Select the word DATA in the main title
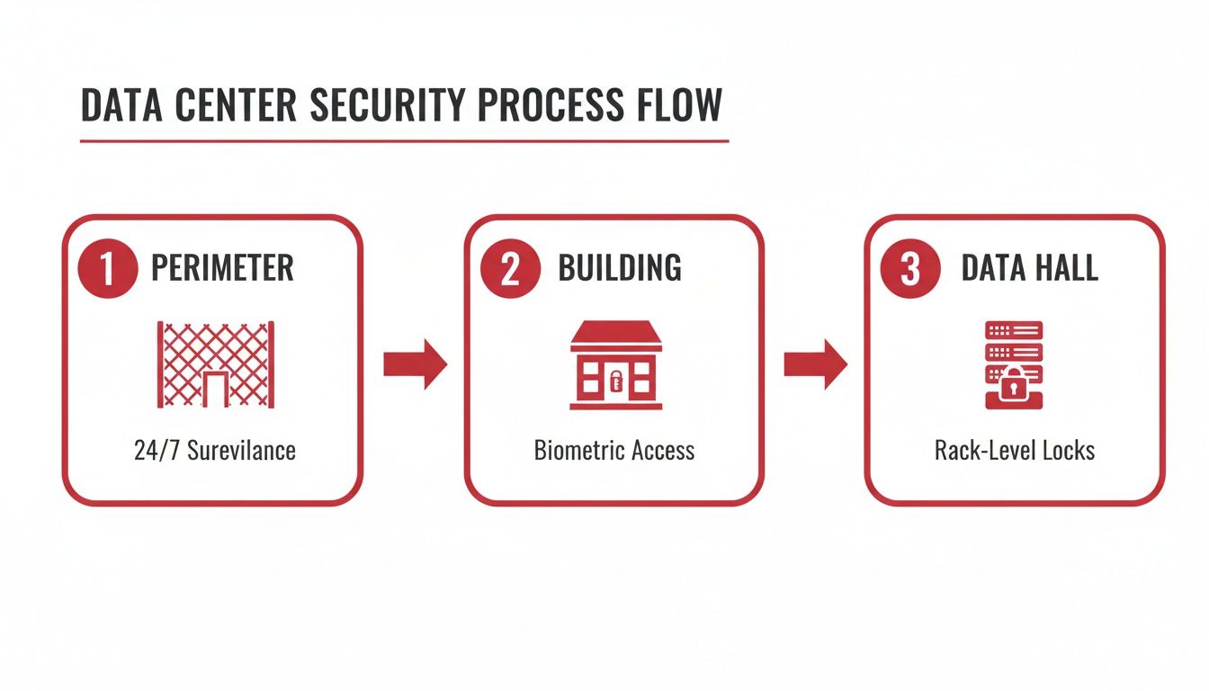click(121, 105)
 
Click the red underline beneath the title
click(404, 141)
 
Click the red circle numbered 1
click(109, 269)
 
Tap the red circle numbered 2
click(510, 269)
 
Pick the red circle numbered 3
click(909, 269)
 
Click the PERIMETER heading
click(222, 268)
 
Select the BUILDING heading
click(620, 268)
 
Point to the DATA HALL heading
click(1030, 268)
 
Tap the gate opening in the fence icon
click(215, 390)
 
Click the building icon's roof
click(616, 335)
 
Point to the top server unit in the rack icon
click(1014, 329)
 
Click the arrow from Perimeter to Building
click(415, 364)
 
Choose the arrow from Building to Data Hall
click(815, 364)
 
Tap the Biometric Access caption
click(614, 450)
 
